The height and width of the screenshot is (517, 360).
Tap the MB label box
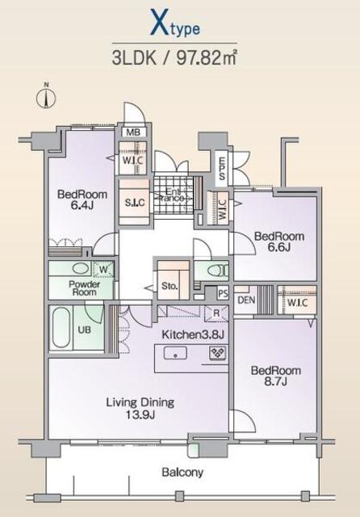click(133, 132)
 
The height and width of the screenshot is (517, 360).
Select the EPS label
click(222, 168)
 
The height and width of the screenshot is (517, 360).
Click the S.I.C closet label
click(135, 202)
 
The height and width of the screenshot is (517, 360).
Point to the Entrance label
click(173, 195)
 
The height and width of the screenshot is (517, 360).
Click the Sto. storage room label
click(170, 286)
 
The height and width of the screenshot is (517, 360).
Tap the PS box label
click(223, 293)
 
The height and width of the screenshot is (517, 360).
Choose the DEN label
click(246, 300)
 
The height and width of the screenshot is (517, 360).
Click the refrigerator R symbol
click(216, 313)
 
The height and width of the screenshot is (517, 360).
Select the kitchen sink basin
click(175, 354)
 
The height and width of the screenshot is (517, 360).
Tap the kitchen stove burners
click(218, 353)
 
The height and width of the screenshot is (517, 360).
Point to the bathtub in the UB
click(61, 328)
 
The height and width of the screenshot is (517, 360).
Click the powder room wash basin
click(81, 268)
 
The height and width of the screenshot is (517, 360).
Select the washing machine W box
click(103, 269)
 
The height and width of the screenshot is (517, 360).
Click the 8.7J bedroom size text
click(276, 382)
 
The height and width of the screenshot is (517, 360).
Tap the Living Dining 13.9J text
click(140, 408)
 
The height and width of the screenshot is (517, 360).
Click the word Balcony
click(182, 473)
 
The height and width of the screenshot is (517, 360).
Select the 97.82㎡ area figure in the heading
click(207, 58)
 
